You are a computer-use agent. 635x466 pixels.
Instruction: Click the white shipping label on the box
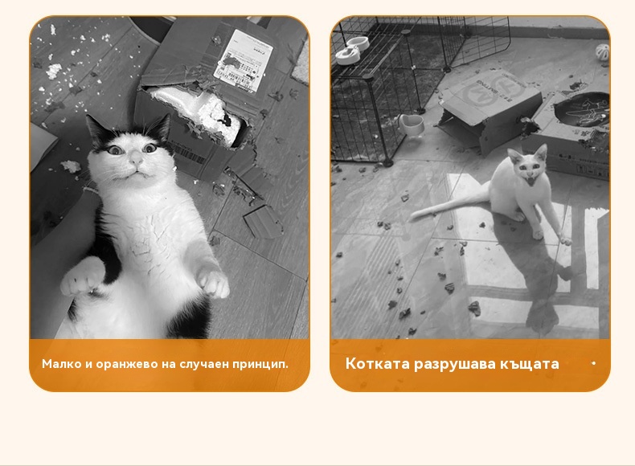pyautogui.click(x=244, y=61)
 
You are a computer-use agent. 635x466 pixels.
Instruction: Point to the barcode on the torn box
pyautogui.click(x=191, y=153)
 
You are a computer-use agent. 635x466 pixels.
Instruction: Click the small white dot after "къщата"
pyautogui.click(x=593, y=363)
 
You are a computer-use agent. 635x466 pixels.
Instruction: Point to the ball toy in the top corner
pyautogui.click(x=603, y=52)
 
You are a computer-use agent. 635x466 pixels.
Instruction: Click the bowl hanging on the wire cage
pyautogui.click(x=411, y=125)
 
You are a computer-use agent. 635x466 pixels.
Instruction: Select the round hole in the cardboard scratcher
pyautogui.click(x=582, y=109)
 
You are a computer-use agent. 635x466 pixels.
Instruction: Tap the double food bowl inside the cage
pyautogui.click(x=352, y=50)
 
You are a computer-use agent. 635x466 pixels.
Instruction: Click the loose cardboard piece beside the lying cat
pyautogui.click(x=262, y=222)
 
